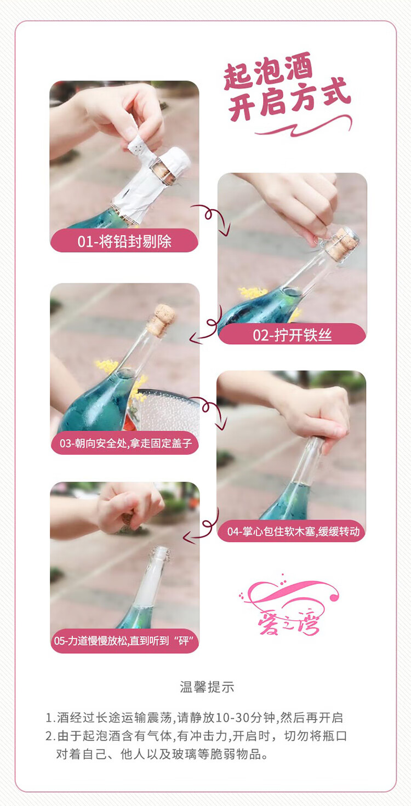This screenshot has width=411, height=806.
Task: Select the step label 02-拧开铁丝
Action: pos(292,335)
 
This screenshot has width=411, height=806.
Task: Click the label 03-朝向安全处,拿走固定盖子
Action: pos(125,443)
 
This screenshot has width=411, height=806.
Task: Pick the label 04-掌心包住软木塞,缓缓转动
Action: pos(293,531)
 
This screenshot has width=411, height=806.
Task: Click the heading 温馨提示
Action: pos(207,687)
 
